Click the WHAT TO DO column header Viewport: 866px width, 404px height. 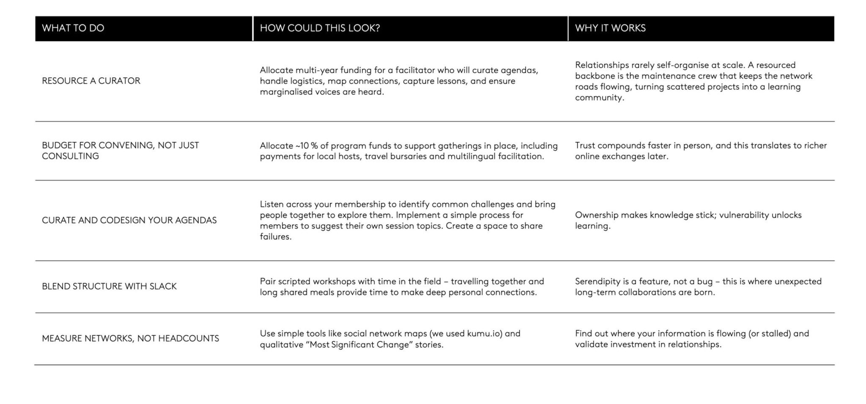tap(73, 28)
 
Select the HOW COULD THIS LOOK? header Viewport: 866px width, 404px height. tap(320, 28)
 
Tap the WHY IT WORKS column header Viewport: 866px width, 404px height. tap(610, 28)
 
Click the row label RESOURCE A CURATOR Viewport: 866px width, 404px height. tap(91, 81)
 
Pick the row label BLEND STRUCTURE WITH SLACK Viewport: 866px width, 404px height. tap(109, 287)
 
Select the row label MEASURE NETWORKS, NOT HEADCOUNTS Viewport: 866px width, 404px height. tap(130, 338)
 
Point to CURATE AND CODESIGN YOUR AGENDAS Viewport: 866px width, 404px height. tap(129, 220)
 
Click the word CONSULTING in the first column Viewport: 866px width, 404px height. tap(70, 156)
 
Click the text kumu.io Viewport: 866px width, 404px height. tap(485, 333)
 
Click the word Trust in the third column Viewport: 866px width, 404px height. tap(585, 146)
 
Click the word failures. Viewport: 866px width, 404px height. tap(275, 237)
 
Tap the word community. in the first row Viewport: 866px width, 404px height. tap(599, 98)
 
